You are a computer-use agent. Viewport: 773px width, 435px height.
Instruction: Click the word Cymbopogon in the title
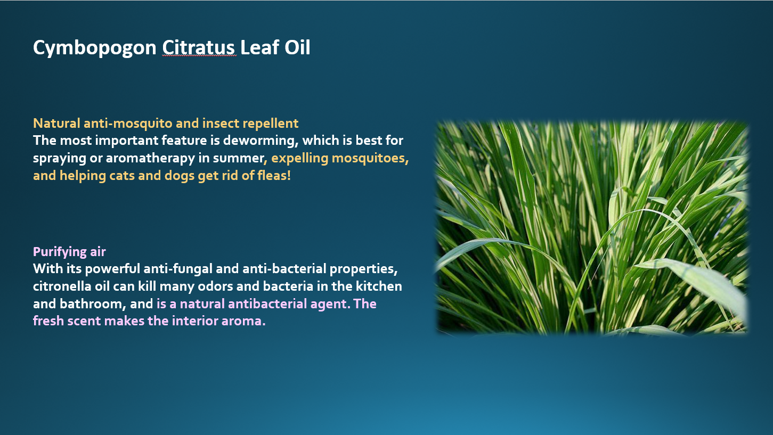click(94, 48)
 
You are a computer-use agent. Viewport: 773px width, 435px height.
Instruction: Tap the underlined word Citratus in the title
click(199, 47)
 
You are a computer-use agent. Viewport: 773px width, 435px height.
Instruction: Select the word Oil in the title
click(297, 47)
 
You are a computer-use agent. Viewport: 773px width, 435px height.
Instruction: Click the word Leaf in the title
click(259, 47)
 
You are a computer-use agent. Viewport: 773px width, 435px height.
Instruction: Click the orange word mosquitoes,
click(370, 158)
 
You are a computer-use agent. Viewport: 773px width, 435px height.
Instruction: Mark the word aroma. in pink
click(243, 321)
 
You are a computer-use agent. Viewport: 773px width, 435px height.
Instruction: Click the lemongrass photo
click(592, 227)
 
